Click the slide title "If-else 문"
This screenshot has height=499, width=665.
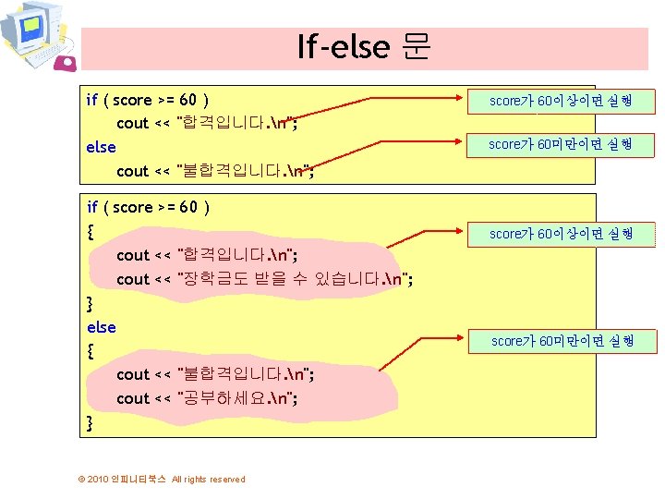point(363,46)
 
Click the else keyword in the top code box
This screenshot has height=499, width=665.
point(101,147)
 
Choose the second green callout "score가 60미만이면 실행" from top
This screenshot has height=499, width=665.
point(560,144)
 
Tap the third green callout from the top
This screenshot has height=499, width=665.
point(560,234)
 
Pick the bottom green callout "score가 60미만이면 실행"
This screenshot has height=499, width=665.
point(562,341)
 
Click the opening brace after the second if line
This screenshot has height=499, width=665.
point(90,231)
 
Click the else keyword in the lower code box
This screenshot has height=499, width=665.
point(101,327)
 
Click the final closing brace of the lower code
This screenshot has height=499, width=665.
point(90,423)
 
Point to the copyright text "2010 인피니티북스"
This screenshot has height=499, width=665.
point(127,479)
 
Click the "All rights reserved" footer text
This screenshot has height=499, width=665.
point(209,479)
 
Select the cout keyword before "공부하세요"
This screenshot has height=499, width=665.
point(132,398)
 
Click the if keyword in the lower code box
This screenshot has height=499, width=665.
point(92,207)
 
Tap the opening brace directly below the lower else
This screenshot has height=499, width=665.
point(90,351)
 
